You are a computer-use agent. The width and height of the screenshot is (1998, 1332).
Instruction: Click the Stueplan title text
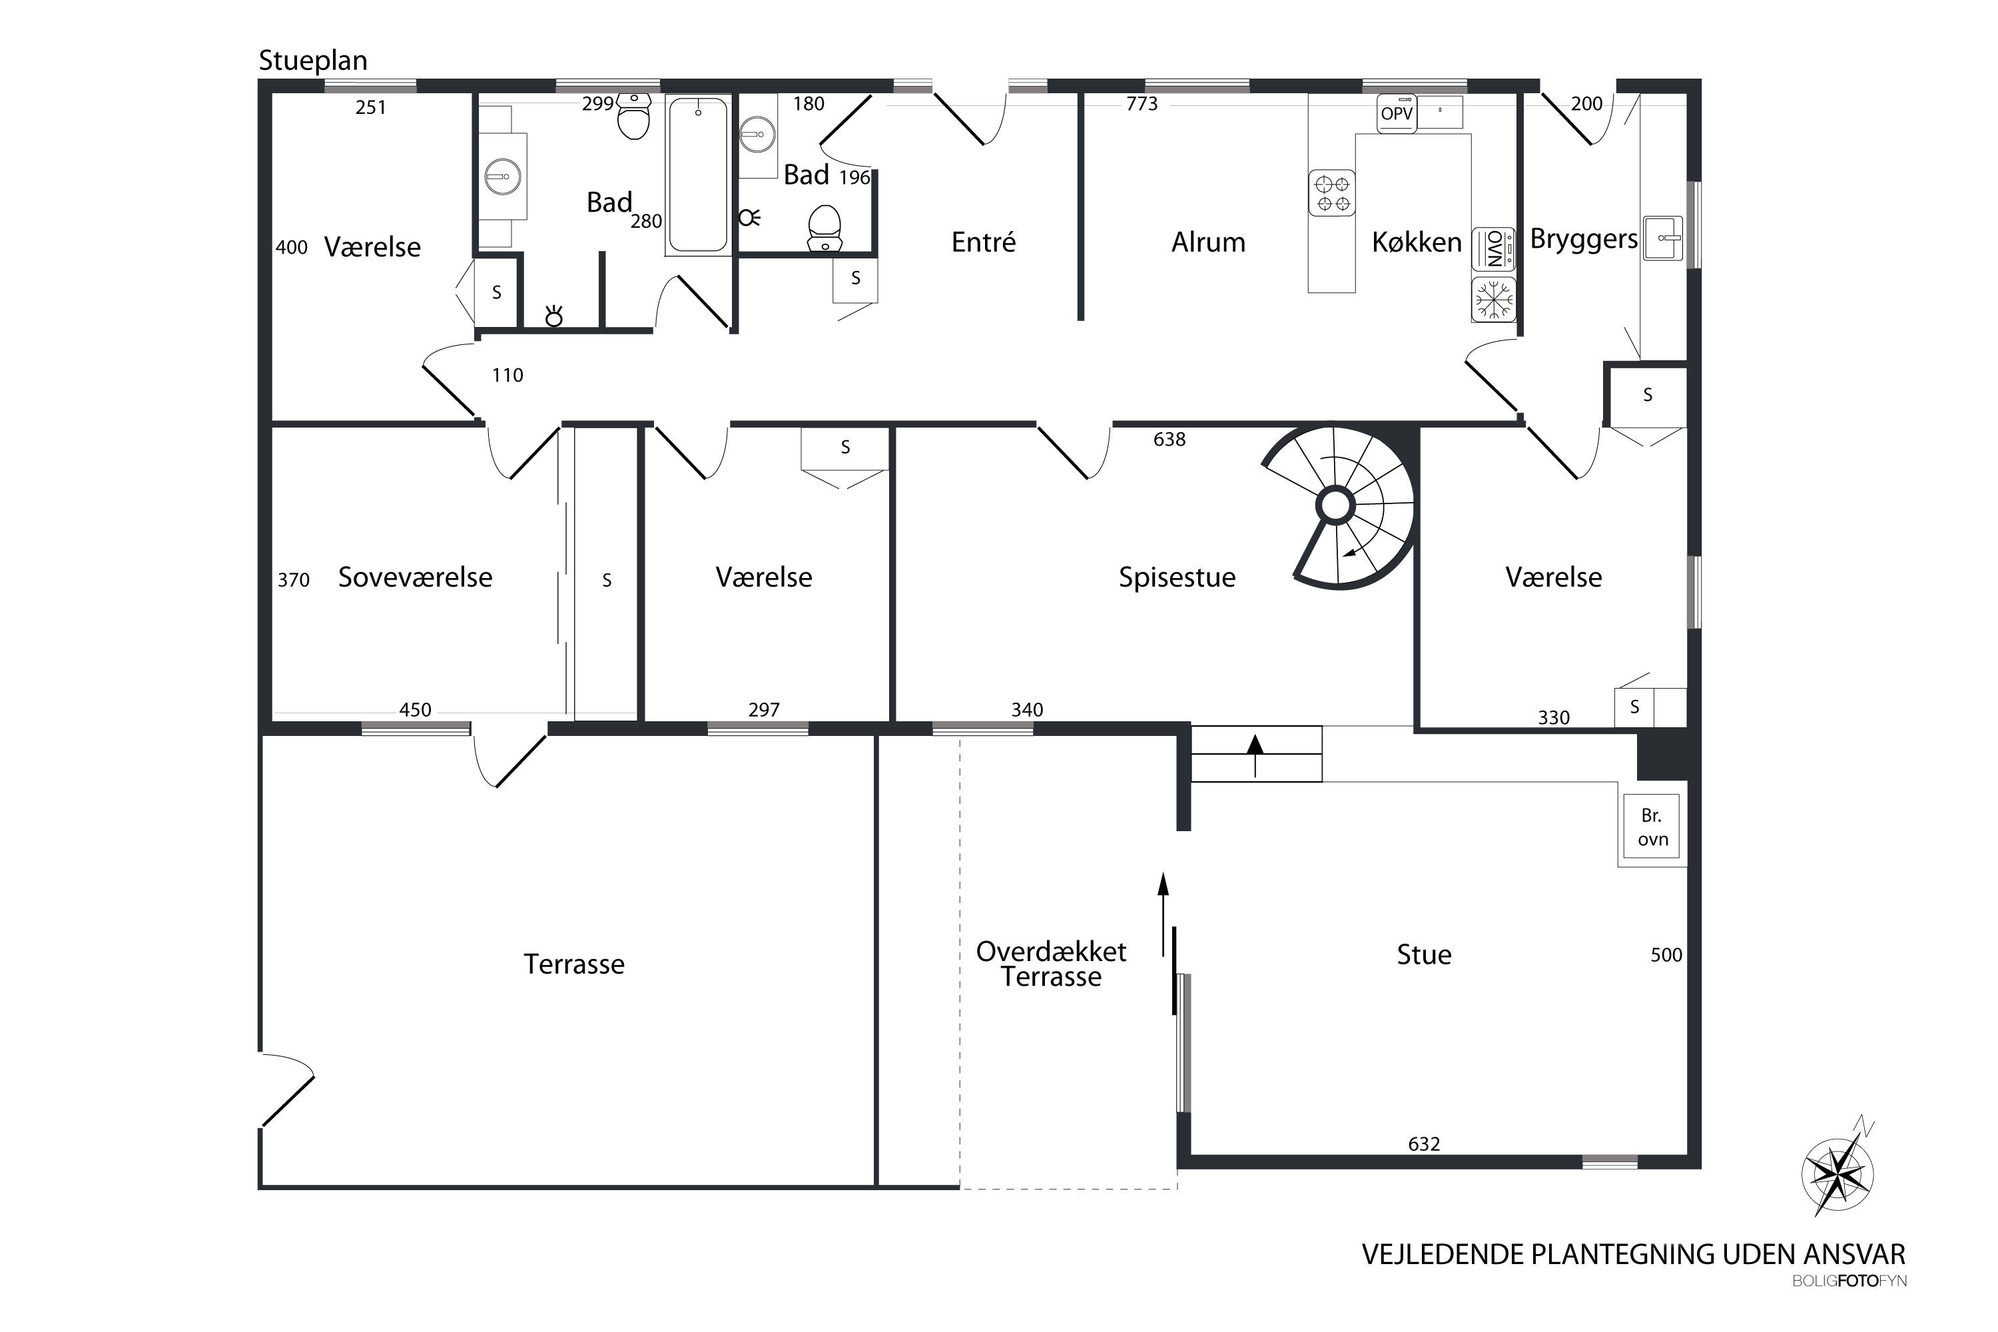[x=312, y=61]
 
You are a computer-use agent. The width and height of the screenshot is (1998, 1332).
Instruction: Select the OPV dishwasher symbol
[x=1397, y=113]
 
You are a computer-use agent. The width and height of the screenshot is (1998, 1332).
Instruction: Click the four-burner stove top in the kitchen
[x=1331, y=193]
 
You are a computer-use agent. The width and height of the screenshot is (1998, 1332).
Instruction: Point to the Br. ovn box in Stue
[x=1652, y=827]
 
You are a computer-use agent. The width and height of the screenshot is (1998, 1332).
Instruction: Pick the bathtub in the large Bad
[x=697, y=175]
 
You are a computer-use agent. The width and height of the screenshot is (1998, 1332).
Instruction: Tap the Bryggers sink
[x=1663, y=238]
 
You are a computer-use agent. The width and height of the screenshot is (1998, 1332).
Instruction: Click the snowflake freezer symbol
[x=1493, y=300]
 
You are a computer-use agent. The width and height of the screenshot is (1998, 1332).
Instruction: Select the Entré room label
[x=983, y=242]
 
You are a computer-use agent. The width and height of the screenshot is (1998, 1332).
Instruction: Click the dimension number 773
[x=1142, y=104]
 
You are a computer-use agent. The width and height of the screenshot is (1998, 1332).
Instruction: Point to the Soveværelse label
[x=416, y=577]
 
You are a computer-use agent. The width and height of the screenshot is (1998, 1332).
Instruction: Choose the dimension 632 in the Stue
[x=1424, y=1144]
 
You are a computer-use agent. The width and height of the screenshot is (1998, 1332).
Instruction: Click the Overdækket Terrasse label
[x=1051, y=964]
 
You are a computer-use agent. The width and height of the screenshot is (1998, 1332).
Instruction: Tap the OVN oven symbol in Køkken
[x=1493, y=249]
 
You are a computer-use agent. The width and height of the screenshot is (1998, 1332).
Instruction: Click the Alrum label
[x=1208, y=243]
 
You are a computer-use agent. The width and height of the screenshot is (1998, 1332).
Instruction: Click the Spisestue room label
[x=1177, y=577]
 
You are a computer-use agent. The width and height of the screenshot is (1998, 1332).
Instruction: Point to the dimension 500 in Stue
[x=1666, y=955]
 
